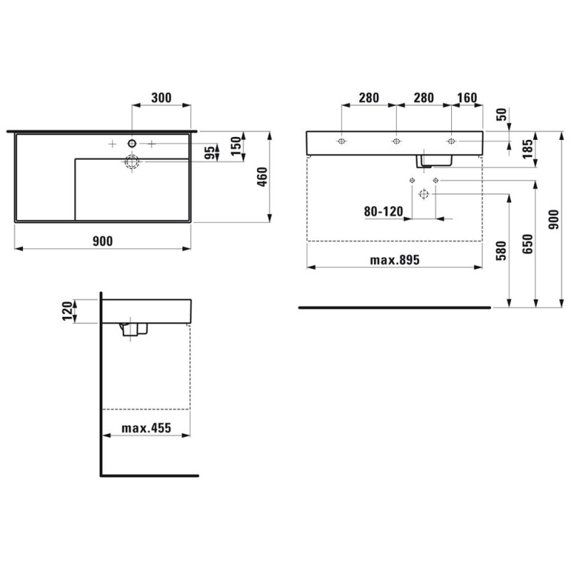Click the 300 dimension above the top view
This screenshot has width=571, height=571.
point(162,98)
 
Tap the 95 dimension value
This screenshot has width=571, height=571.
point(210,153)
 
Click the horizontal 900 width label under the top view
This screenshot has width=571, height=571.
point(103,241)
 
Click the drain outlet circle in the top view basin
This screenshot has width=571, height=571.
point(132,162)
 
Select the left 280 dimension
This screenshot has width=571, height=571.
point(369,98)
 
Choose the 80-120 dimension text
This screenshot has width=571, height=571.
point(383,211)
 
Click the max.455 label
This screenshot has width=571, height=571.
point(146,428)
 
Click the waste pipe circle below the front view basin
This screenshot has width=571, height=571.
point(424,193)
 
